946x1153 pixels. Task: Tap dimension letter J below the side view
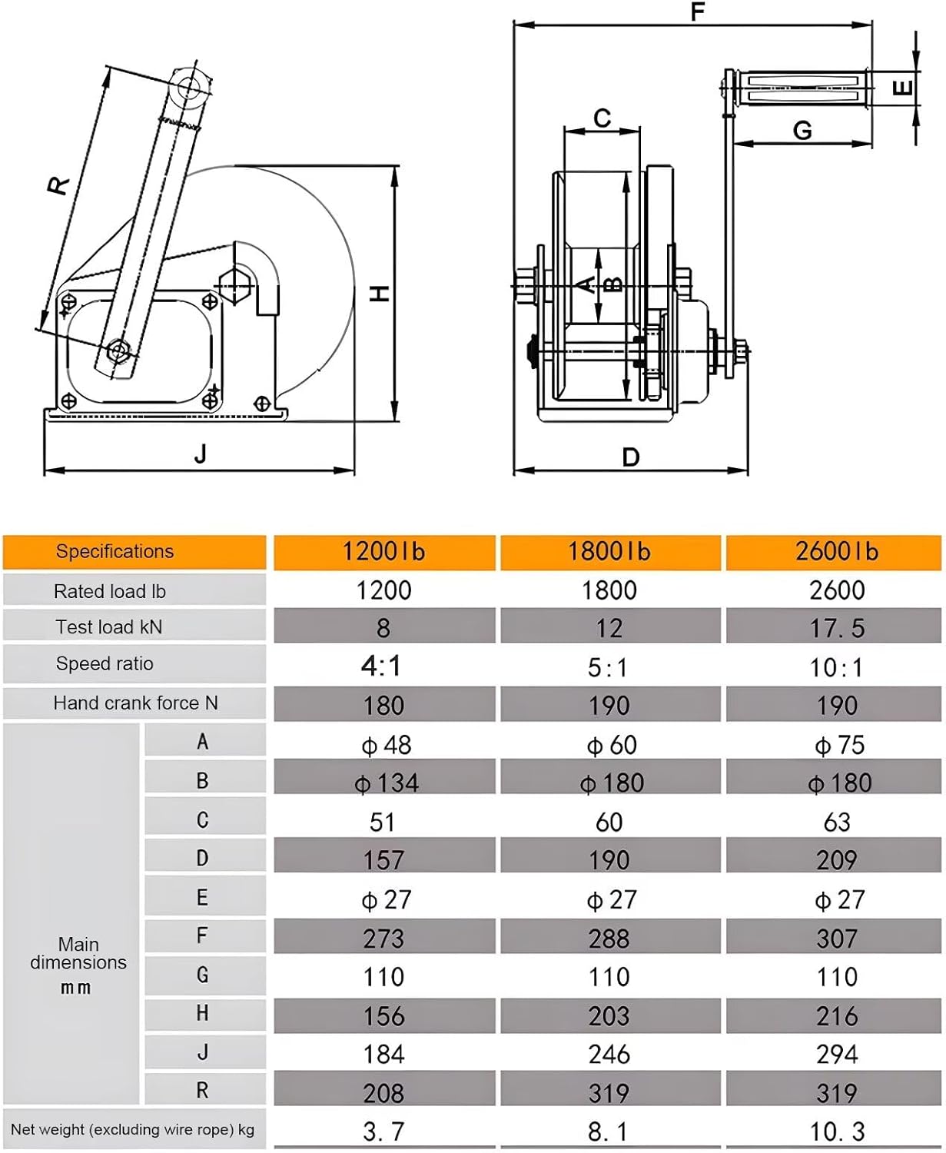point(201,454)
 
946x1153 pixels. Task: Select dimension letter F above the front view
point(697,12)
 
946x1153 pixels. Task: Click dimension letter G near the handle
point(802,131)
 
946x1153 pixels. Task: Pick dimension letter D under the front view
point(631,457)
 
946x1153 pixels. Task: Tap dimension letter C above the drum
point(602,118)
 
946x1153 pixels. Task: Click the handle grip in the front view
point(803,88)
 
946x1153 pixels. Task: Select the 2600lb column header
point(836,551)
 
